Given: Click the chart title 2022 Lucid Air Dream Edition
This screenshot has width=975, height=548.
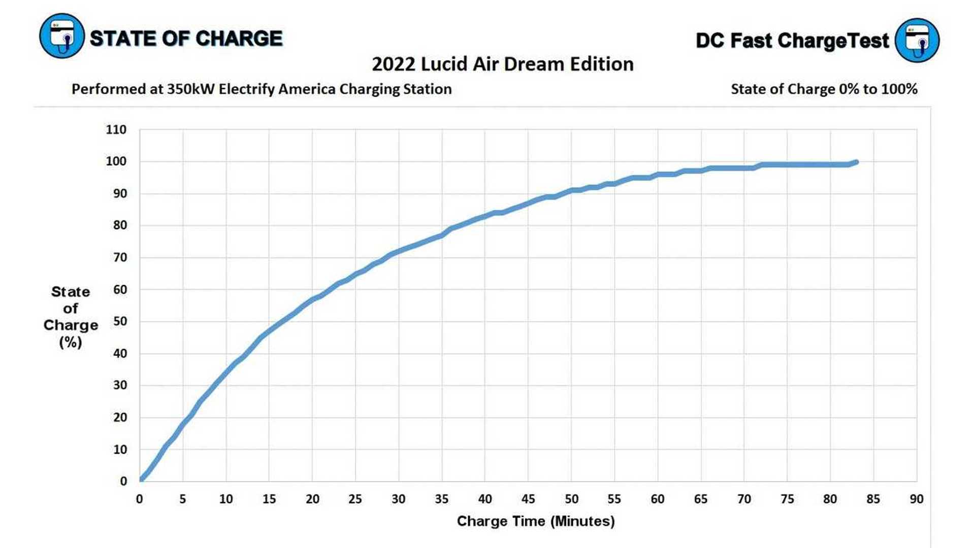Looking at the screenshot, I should [503, 64].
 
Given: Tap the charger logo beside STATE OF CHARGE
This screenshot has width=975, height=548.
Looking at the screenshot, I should [61, 36].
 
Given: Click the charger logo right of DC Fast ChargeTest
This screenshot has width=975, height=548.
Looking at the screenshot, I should [917, 40].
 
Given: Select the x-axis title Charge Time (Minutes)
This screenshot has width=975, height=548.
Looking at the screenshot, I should [536, 521].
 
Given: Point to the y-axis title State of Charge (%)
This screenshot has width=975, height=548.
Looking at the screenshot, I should [71, 317].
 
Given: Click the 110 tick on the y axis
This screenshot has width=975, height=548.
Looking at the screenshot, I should [116, 130].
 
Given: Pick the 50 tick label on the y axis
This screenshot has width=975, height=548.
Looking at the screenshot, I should [120, 322].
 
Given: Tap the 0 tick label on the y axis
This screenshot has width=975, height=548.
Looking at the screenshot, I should [123, 482].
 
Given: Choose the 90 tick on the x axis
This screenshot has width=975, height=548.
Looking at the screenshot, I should [916, 499].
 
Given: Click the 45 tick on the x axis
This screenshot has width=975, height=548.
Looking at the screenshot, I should [528, 499].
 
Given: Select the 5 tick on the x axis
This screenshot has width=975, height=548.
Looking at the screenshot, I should [183, 499].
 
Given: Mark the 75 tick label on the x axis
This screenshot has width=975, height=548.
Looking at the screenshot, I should [787, 499].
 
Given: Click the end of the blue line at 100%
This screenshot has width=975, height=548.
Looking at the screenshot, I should [856, 162].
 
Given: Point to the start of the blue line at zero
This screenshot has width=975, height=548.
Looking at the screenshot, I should [141, 479].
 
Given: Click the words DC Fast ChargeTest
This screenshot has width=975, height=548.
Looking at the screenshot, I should [792, 41].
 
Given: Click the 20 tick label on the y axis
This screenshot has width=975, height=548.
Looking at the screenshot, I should [120, 418].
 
